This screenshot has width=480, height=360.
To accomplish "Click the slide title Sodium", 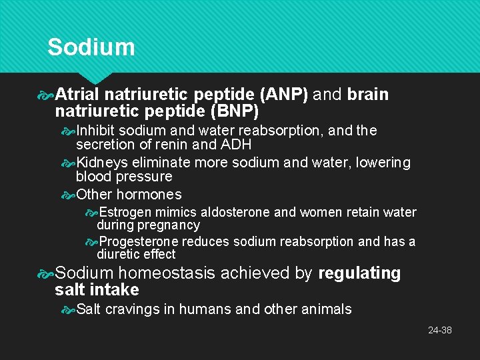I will click(91, 47).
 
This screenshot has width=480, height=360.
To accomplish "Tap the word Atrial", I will click(77, 95).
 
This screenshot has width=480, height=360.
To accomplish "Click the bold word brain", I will click(367, 95).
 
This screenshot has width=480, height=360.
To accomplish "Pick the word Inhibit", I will click(98, 131).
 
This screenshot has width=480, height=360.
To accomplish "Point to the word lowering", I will click(383, 163).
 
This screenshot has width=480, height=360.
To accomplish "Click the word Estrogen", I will click(125, 213).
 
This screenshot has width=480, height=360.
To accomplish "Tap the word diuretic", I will click(117, 254).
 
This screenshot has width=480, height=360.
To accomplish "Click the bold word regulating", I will click(359, 273).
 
